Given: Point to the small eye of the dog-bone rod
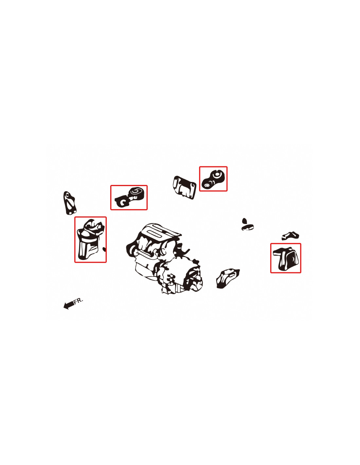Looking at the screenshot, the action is point(207,185).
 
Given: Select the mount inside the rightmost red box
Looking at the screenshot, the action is point(286,259).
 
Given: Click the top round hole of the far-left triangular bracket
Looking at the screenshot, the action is point(68,195).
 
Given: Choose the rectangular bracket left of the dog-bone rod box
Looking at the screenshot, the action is point(184,188).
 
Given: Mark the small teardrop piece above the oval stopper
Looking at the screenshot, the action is point(244,221).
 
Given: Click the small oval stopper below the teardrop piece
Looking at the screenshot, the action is point(247,227).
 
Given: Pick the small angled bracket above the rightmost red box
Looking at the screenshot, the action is point(290,236).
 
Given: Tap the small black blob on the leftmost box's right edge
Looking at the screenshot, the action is point(104,249).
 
